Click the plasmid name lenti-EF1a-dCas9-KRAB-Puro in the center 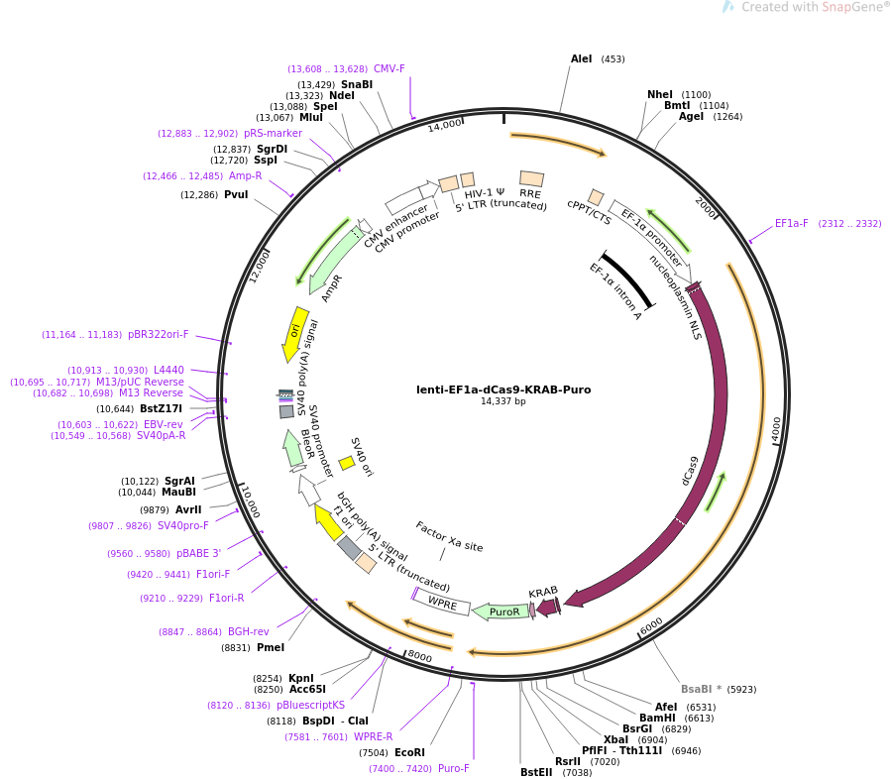[502, 389]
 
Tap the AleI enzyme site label [581, 59]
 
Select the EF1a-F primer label [791, 224]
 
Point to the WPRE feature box [442, 603]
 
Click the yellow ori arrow [295, 334]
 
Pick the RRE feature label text [530, 194]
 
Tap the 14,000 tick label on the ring [445, 124]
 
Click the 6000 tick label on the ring [651, 627]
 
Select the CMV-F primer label [389, 69]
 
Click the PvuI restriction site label [236, 195]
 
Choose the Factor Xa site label [449, 536]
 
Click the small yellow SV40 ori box [347, 463]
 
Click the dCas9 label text [690, 470]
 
